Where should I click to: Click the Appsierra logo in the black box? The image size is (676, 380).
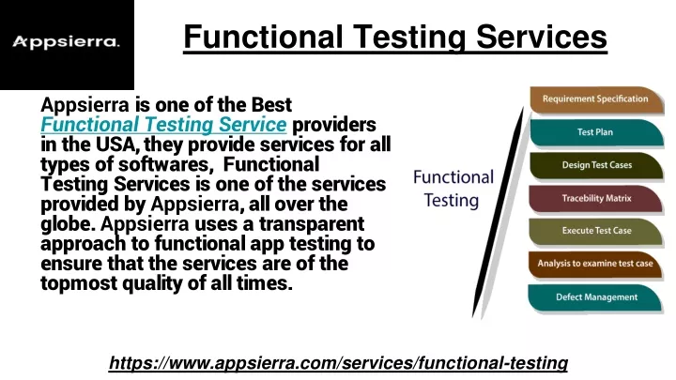66,42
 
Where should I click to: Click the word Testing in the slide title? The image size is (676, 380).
409,38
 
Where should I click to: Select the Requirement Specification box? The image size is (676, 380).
597,99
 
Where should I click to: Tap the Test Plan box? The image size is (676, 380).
597,132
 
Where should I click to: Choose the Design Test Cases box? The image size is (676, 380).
597,165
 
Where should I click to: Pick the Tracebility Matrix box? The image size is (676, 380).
596,199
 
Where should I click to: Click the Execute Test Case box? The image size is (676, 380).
596,232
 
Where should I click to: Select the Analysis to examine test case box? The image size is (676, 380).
595,264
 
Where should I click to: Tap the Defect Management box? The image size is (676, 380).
595,297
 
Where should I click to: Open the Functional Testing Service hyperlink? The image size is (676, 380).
163,125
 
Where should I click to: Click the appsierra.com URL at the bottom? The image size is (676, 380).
338,363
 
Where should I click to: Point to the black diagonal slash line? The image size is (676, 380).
498,211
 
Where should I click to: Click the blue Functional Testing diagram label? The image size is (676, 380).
453,189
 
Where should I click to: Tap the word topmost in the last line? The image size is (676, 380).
79,284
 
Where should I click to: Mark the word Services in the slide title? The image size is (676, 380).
542,37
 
